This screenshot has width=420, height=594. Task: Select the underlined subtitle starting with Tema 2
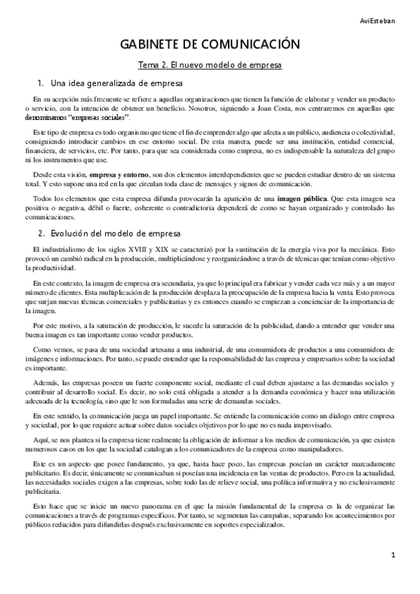coord(210,65)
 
